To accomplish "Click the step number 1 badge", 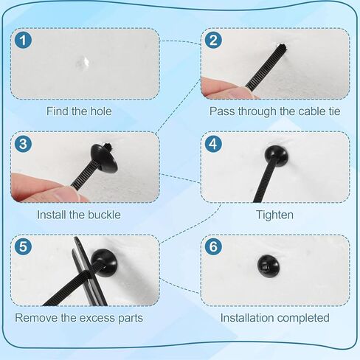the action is click(x=23, y=40).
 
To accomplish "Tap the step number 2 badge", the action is click(x=213, y=40).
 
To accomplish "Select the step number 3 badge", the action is click(x=23, y=144).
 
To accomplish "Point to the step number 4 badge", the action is click(x=213, y=144).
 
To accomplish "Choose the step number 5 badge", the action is click(x=23, y=246).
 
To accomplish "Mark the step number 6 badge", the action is click(x=213, y=246).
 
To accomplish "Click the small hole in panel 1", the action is click(x=84, y=63).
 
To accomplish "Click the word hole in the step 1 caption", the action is click(x=101, y=111).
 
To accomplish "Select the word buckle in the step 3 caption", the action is click(x=104, y=215).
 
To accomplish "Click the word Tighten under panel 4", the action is click(x=274, y=215).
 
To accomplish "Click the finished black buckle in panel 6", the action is click(x=269, y=266).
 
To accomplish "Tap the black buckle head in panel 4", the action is click(x=276, y=156).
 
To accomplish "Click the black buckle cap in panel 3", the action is click(x=103, y=159).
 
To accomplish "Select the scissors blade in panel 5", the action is click(x=90, y=273).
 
